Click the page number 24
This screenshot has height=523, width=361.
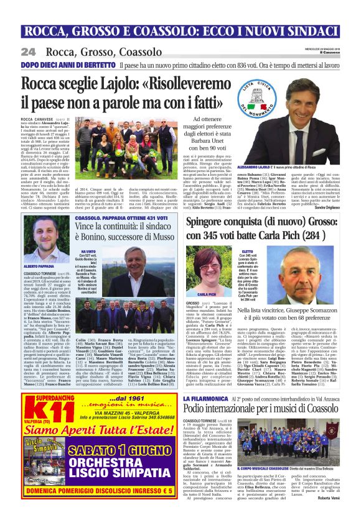(x=28, y=52)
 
